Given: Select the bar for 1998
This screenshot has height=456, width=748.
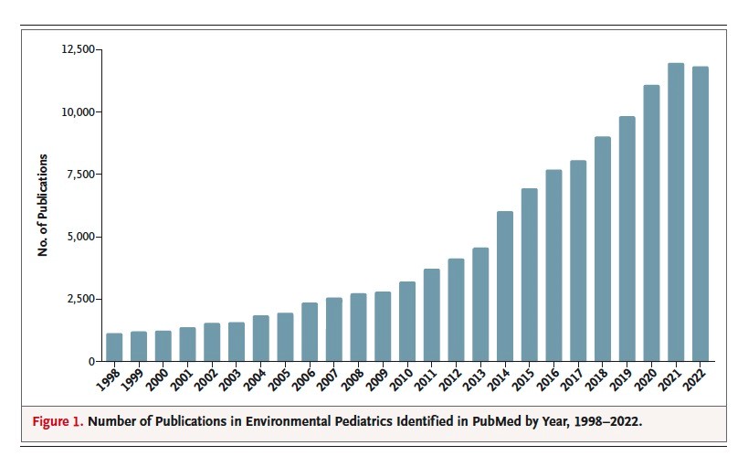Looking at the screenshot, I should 114,347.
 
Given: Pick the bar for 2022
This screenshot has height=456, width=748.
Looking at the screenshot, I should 701,214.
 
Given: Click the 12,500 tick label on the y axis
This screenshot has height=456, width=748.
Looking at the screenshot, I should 76,48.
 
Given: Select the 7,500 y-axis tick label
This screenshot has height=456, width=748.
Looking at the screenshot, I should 79,175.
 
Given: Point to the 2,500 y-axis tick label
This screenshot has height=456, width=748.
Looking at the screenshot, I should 79,299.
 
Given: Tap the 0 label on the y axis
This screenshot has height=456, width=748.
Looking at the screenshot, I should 90,362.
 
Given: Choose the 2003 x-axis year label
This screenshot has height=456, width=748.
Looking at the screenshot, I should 230,378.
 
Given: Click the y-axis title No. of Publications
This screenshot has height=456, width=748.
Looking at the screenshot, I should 43,211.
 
